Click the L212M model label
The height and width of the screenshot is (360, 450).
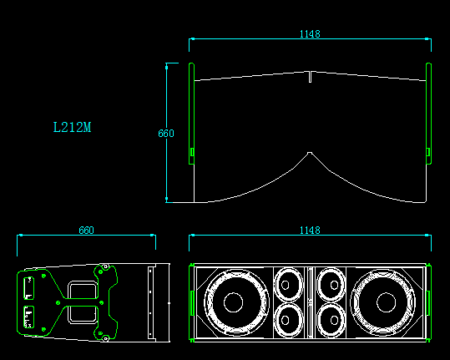coord(72,127)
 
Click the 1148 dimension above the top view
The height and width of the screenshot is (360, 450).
coord(310,34)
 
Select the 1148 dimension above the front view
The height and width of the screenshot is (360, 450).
coord(310,231)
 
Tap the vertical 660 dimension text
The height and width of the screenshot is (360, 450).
coord(166,133)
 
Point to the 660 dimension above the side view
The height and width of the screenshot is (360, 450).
coord(86,231)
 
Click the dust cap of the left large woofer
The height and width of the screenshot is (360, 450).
coord(233,302)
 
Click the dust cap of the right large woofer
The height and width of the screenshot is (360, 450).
coord(386,302)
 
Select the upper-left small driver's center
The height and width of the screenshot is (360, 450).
coord(285,285)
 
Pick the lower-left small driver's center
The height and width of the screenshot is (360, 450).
coord(285,320)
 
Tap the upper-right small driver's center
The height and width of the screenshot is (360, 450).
coord(334,285)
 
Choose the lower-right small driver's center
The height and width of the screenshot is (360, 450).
coord(334,320)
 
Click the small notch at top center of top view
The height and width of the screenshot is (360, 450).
coord(310,77)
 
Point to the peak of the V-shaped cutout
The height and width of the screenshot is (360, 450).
coord(310,153)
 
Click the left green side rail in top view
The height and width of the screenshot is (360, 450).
coord(191,114)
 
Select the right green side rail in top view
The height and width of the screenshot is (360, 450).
coord(428,114)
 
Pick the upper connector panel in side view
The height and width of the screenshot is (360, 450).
coord(28,288)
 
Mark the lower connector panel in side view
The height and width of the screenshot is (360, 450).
coord(28,317)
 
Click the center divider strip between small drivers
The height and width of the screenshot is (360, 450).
coord(310,302)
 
